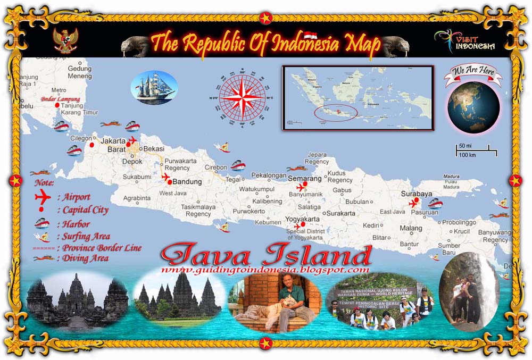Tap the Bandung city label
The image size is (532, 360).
186,182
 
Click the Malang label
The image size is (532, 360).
411,228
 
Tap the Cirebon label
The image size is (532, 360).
216,168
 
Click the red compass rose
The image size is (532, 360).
242,97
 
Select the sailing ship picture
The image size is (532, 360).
154,87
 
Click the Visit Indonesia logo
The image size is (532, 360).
464,40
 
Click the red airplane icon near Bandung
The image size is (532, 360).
165,177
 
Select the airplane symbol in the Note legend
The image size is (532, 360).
41,197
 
